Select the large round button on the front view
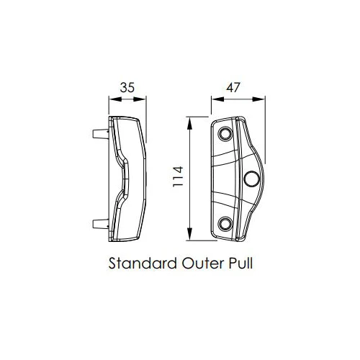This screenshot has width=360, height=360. tap(253, 179)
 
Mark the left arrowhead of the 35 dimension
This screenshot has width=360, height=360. tap(110, 100)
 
